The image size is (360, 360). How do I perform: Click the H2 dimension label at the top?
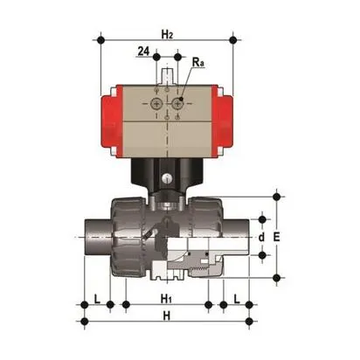(x=168, y=32)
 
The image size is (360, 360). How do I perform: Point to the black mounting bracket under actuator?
(x=167, y=175)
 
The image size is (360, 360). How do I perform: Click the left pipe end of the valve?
(x=93, y=236)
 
